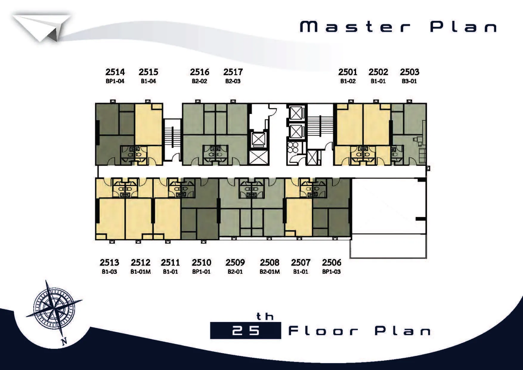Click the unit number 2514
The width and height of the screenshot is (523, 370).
click(115, 72)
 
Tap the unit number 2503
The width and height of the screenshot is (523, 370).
click(409, 72)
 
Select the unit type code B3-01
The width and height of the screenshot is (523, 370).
click(409, 81)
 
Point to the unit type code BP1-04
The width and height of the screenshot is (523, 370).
click(115, 81)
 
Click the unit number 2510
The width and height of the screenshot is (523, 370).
click(202, 262)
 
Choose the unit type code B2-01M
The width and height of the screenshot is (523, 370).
click(270, 272)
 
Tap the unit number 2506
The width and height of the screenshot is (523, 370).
click(332, 262)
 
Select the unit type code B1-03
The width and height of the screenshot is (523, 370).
click(109, 272)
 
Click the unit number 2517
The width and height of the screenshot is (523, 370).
click(233, 72)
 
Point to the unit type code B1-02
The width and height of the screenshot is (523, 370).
click(348, 81)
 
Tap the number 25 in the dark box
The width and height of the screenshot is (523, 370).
click(246, 331)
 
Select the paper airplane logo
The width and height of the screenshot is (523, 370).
click(41, 28)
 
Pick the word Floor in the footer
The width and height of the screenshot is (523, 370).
click(323, 331)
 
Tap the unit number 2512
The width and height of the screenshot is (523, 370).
click(140, 262)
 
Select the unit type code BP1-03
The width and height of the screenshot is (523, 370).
click(332, 272)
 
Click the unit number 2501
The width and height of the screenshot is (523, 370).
click(348, 72)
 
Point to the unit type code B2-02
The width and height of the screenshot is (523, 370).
click(199, 81)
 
